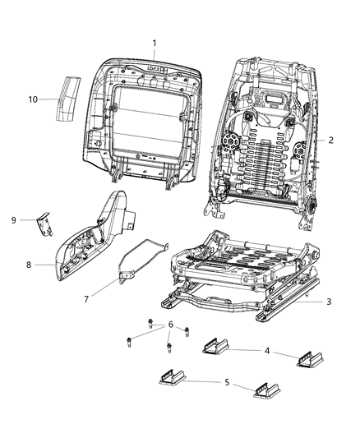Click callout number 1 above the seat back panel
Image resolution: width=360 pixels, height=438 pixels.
tap(152, 43)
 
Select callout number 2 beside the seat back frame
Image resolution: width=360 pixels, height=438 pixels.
tap(330, 140)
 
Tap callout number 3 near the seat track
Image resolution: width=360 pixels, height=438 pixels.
tap(329, 302)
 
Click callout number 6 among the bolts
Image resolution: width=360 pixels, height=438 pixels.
tap(170, 325)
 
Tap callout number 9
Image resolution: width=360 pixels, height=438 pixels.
tap(13, 219)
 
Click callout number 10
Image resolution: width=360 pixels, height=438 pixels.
tap(33, 99)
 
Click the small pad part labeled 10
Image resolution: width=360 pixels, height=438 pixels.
tap(68, 97)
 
